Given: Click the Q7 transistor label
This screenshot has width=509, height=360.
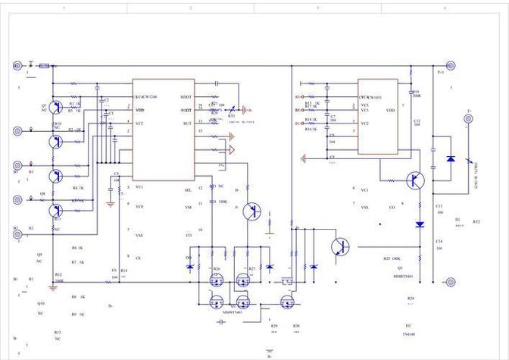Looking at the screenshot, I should click(x=44, y=105).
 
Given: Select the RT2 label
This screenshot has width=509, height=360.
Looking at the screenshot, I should click(x=476, y=222).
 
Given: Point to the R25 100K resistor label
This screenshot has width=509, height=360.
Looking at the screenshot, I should click(x=392, y=258).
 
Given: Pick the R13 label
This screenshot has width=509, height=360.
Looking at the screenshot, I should click(x=57, y=333).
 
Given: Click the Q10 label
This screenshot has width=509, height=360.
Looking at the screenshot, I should click(x=40, y=303).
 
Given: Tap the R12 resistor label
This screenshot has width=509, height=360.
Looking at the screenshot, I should click(x=59, y=274).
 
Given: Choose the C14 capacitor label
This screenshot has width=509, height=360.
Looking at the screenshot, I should click(x=439, y=241).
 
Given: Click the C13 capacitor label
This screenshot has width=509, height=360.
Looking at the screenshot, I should click(x=439, y=206).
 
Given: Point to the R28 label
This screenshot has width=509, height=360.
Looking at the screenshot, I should click(x=411, y=299).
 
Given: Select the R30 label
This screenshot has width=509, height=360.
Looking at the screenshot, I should click(x=296, y=325).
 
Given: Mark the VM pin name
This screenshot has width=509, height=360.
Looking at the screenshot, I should click(x=189, y=207).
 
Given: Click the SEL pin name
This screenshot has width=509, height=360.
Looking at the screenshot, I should click(x=189, y=189).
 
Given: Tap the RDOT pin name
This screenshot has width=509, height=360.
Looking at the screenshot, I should click(x=186, y=97).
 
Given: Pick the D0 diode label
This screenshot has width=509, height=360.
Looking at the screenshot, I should click(x=189, y=258).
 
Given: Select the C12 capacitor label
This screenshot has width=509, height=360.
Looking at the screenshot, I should click(x=417, y=122).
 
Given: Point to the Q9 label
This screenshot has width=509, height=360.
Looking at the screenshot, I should click(x=39, y=255).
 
